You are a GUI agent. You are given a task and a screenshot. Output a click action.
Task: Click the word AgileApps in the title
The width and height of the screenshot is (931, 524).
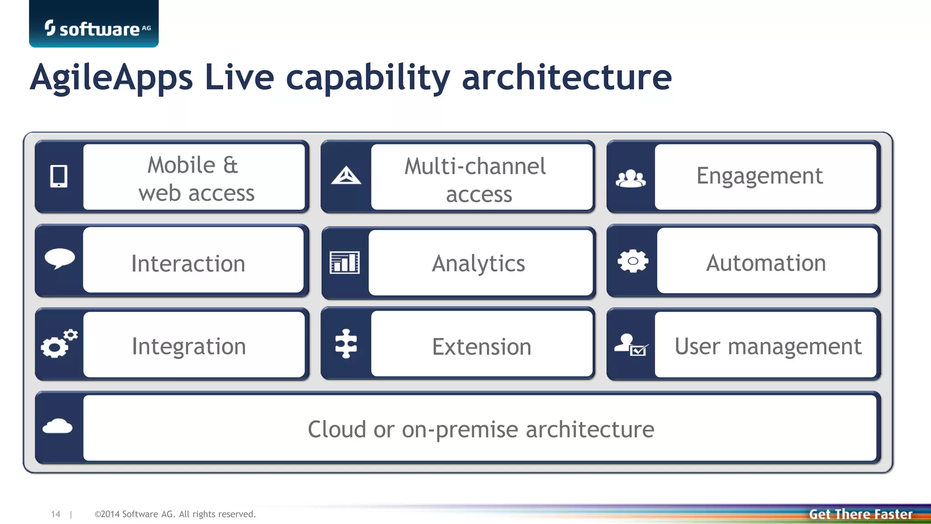pyautogui.click(x=112, y=77)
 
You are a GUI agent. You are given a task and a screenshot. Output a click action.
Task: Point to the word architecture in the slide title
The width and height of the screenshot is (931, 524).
pyautogui.click(x=566, y=77)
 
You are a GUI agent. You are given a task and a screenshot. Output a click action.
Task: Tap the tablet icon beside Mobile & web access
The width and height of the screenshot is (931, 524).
pyautogui.click(x=59, y=176)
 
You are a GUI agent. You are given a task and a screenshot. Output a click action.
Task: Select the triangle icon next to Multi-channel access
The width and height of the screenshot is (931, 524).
pyautogui.click(x=346, y=176)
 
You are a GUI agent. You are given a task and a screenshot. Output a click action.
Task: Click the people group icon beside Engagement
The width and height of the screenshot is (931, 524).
pyautogui.click(x=631, y=178)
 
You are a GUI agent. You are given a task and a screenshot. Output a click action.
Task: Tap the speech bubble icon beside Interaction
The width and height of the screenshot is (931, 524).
pyautogui.click(x=60, y=259)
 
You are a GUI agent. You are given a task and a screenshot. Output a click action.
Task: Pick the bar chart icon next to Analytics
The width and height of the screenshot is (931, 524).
pyautogui.click(x=344, y=262)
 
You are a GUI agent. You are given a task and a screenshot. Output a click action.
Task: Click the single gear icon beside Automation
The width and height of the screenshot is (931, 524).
pyautogui.click(x=632, y=261)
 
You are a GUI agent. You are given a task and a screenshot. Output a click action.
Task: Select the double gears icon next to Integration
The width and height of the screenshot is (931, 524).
pyautogui.click(x=59, y=344)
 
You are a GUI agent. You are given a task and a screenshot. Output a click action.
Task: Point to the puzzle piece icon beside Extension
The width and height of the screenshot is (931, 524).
pyautogui.click(x=346, y=344)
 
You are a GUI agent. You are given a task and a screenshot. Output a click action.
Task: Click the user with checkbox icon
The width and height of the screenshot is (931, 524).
pyautogui.click(x=631, y=345)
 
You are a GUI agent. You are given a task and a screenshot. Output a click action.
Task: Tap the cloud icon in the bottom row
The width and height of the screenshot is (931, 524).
pyautogui.click(x=57, y=427)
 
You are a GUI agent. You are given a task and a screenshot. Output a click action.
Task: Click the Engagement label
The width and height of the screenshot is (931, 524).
pyautogui.click(x=759, y=176)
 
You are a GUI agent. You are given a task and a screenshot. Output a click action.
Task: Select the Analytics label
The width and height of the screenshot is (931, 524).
pyautogui.click(x=478, y=263)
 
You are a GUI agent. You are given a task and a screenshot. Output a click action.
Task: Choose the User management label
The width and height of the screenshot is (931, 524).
pyautogui.click(x=767, y=347)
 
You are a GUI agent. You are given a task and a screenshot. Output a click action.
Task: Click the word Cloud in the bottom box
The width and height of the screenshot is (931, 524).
pyautogui.click(x=337, y=429)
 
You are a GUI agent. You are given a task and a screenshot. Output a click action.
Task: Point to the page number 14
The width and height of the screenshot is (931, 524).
pyautogui.click(x=55, y=514)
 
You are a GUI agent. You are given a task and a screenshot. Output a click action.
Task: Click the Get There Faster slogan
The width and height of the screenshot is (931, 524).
pyautogui.click(x=860, y=514)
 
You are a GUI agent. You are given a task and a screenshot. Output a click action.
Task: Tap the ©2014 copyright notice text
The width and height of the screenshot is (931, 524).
pyautogui.click(x=175, y=514)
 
